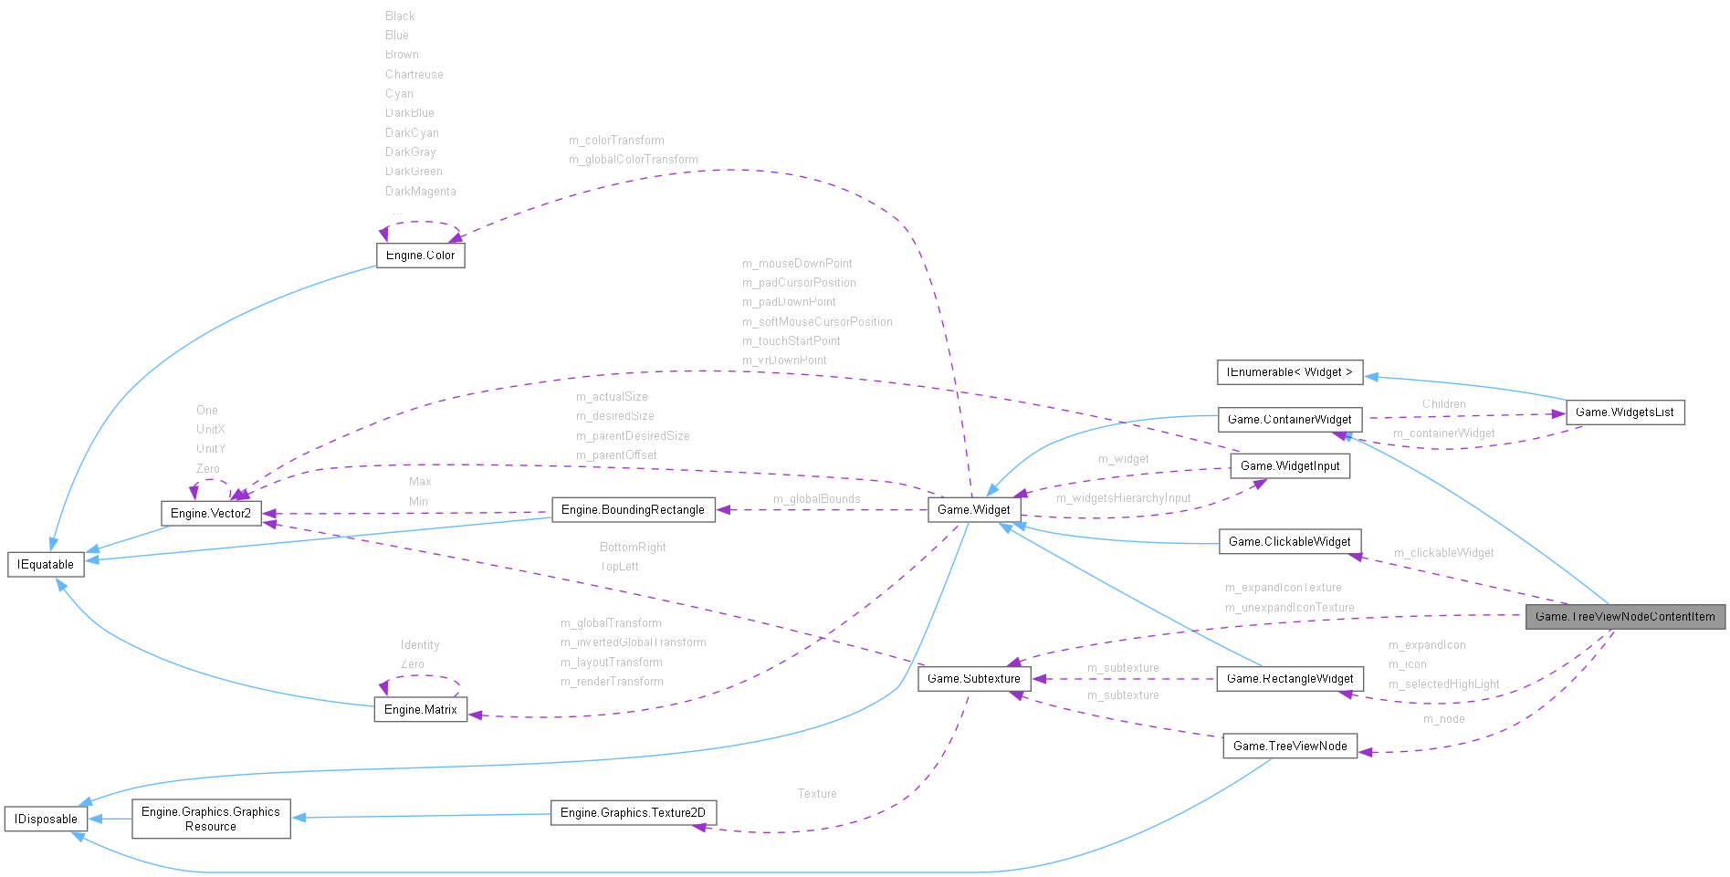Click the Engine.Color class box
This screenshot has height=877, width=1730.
click(420, 255)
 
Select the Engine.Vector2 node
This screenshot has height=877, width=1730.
click(211, 513)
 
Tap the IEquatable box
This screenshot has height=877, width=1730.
click(46, 564)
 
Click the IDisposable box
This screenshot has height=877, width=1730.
click(46, 819)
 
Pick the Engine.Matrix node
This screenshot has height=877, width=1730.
click(420, 709)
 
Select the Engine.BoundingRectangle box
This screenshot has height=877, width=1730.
click(633, 509)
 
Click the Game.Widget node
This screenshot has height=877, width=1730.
click(973, 509)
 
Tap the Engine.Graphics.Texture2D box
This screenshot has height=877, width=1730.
click(633, 812)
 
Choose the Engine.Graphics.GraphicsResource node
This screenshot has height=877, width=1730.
click(211, 819)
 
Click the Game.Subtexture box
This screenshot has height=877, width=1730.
click(973, 678)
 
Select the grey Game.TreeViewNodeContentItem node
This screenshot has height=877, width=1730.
click(1625, 616)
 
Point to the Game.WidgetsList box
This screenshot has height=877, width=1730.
click(1625, 412)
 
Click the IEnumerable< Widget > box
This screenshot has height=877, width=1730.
click(1289, 371)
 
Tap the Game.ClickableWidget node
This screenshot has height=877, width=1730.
click(1289, 541)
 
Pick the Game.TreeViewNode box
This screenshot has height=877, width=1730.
click(1289, 746)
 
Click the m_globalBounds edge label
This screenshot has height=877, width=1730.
click(816, 498)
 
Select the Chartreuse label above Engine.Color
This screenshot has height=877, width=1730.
click(414, 74)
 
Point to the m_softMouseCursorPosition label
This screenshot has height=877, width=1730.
click(817, 321)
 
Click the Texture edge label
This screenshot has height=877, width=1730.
click(816, 793)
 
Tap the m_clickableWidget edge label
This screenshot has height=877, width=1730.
click(1443, 552)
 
